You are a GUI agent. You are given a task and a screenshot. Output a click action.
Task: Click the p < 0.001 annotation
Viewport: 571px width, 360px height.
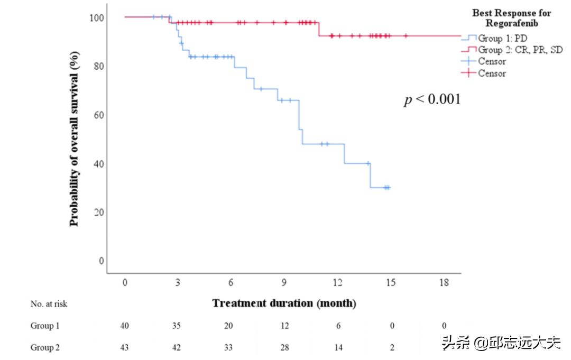[x=432, y=99]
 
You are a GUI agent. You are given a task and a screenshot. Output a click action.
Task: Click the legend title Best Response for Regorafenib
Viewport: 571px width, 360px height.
[x=511, y=18]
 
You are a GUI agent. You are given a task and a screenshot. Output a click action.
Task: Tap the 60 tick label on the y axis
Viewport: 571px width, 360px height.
[x=99, y=115]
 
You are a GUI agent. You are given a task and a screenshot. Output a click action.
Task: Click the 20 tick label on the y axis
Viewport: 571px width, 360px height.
[x=99, y=212]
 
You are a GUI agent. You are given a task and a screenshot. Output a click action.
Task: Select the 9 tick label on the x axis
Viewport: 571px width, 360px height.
[x=284, y=283]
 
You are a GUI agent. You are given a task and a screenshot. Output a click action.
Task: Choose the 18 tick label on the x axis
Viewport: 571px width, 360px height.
[x=444, y=283]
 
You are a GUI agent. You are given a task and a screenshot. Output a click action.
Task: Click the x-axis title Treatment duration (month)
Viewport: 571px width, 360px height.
[x=284, y=303]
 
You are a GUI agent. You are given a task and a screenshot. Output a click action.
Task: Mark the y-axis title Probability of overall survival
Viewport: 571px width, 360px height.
[x=74, y=139]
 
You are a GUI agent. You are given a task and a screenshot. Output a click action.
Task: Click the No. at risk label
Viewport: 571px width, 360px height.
[x=49, y=304]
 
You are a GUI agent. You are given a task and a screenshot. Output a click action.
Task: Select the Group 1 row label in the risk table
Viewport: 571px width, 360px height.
[x=45, y=326]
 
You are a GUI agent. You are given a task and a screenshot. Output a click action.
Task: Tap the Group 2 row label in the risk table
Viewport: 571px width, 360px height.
[x=45, y=347]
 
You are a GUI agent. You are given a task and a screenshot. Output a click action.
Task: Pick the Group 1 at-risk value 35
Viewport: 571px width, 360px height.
[x=177, y=326]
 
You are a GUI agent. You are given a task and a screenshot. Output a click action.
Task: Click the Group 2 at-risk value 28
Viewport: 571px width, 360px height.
[x=284, y=347]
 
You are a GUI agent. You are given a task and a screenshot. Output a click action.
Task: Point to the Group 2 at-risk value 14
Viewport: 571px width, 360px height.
[x=338, y=347]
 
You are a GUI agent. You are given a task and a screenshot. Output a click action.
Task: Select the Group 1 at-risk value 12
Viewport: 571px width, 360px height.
[x=284, y=326]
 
